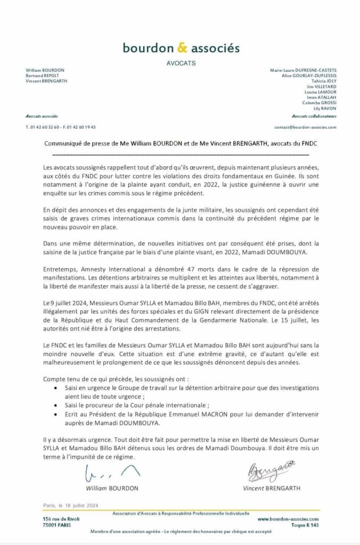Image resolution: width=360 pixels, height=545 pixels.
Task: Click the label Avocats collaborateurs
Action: click(314, 115)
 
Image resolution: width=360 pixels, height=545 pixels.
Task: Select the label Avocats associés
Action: click(42, 115)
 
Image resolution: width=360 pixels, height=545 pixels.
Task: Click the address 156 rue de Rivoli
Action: click(58, 518)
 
